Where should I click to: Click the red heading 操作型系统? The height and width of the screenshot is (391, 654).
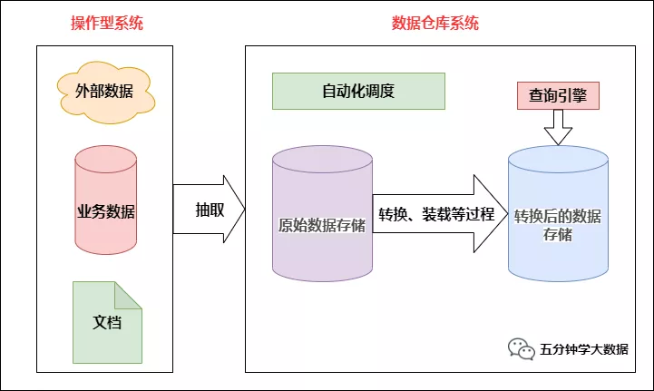(x=107, y=24)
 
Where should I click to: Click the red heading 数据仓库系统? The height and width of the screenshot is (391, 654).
(x=435, y=24)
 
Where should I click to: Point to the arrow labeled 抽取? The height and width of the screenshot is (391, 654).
(x=209, y=210)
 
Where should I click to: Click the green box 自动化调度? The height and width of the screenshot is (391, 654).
(x=358, y=92)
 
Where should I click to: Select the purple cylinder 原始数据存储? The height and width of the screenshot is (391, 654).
(x=322, y=218)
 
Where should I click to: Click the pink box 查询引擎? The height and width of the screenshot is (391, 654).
(x=558, y=94)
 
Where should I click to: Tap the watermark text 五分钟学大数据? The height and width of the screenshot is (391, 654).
(x=583, y=349)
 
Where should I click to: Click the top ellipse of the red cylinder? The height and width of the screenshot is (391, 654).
(x=106, y=157)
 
